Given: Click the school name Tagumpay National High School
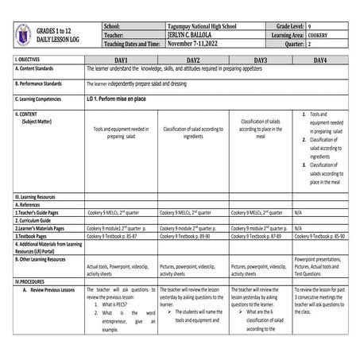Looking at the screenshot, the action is click(x=199, y=27).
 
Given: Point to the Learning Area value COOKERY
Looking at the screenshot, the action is click(x=314, y=36).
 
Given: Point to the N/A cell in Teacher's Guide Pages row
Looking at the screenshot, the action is click(x=298, y=213).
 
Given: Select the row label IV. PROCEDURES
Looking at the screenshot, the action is click(x=32, y=281).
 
